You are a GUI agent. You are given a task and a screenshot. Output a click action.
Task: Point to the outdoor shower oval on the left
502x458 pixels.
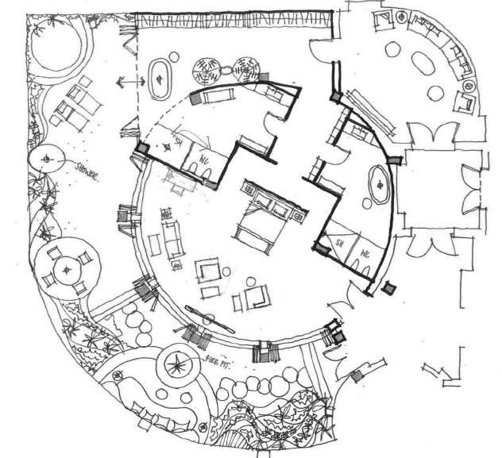(x=49, y=161)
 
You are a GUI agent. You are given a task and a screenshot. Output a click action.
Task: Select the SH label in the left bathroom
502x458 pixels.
(x=179, y=142)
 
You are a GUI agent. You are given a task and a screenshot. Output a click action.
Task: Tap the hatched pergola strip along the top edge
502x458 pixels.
(x=230, y=20)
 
